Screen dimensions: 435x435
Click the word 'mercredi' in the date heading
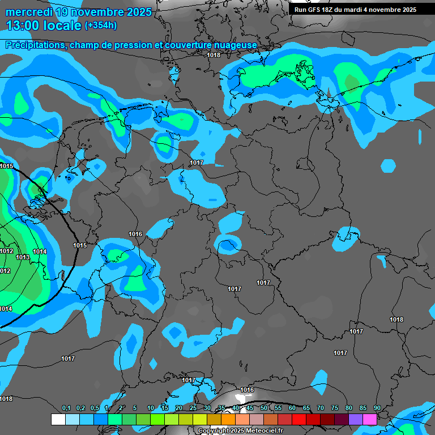coord(26,11)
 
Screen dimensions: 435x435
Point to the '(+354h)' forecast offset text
coord(101,25)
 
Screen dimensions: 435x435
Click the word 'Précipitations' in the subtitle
coord(34,45)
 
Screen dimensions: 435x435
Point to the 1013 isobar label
coord(23,257)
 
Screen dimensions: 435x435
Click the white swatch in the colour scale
coord(58,419)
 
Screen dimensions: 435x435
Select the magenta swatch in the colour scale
coord(370,419)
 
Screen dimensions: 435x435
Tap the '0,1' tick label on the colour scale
coord(66,408)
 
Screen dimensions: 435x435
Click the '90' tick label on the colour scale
coord(377,408)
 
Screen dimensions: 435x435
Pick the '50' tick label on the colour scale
coord(264,408)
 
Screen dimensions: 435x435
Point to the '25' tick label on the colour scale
coord(193,408)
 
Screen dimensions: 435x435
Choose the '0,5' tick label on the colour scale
coord(95,408)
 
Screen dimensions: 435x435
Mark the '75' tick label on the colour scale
coord(335,408)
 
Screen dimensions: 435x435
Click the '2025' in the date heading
coord(135,11)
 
